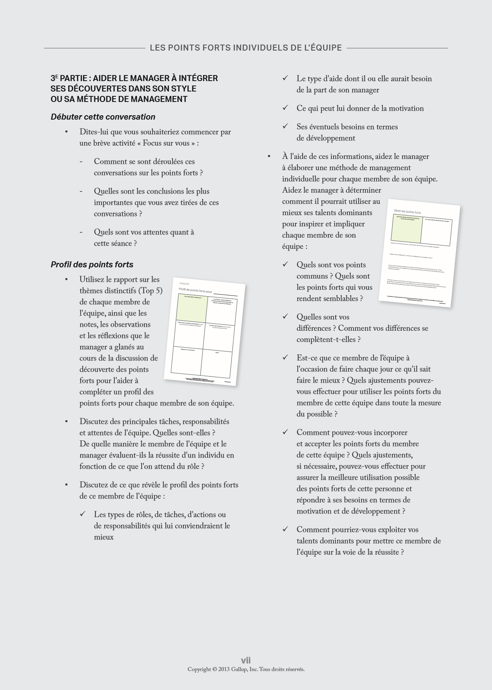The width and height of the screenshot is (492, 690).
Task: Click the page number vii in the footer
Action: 246,660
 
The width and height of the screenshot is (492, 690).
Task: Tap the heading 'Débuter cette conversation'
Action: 103,117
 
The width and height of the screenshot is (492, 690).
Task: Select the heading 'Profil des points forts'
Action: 92,265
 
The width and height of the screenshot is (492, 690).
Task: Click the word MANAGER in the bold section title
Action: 152,78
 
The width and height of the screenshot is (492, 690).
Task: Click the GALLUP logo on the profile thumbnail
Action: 184,283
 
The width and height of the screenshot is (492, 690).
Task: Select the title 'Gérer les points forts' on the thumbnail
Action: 407,212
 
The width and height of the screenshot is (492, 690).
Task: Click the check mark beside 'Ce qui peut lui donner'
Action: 285,108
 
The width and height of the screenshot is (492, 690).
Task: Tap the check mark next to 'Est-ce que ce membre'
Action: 285,357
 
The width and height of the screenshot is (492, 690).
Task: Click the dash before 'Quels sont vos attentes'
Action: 81,232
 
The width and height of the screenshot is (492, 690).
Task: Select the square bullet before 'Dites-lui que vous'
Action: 66,132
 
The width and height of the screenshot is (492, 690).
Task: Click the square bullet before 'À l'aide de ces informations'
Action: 269,156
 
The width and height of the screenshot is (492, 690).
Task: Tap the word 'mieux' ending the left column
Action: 104,537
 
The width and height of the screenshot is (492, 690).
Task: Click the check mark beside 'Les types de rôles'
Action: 83,514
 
